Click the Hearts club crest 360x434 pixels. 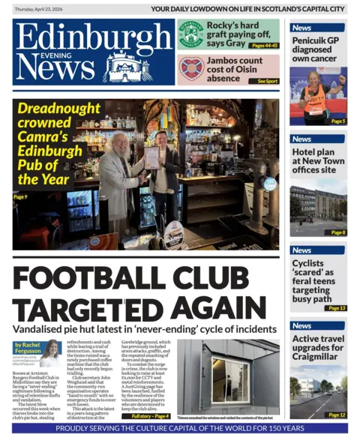coord(191,69)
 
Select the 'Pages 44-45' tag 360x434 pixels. coord(265,46)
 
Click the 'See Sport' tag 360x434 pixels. coord(267,80)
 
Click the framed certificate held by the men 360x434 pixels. coord(152,157)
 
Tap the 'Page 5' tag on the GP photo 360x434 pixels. coord(337,121)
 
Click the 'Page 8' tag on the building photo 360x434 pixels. coord(337,232)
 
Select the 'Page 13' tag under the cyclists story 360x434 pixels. coord(336,308)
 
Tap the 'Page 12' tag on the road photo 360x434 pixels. coord(337,415)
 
